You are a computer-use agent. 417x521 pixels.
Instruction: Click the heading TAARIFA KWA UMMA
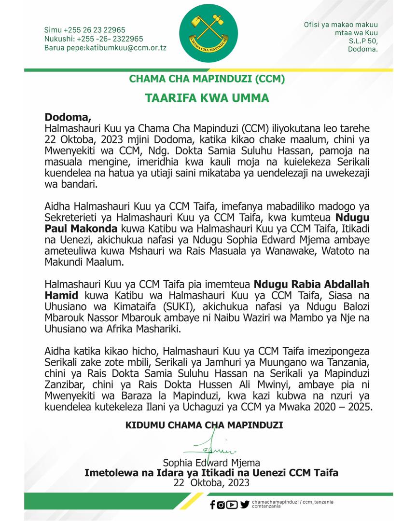click(207, 98)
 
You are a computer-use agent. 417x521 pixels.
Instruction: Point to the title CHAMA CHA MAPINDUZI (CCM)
click(207, 78)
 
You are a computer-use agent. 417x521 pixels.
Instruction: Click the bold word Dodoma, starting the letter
click(68, 117)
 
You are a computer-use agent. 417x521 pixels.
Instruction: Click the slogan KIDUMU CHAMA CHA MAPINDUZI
click(204, 425)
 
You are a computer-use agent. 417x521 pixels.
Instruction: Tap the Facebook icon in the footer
click(213, 505)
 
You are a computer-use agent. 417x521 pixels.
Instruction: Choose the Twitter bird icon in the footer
click(245, 505)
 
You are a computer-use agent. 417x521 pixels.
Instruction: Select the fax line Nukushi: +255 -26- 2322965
click(93, 39)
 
